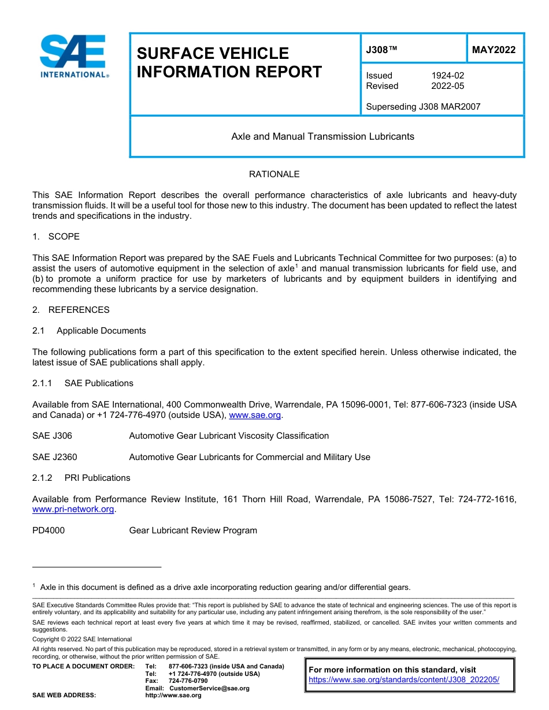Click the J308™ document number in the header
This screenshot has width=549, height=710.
381,50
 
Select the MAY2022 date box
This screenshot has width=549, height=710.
494,50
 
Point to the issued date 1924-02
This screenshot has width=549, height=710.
447,76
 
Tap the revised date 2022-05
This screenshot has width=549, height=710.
447,86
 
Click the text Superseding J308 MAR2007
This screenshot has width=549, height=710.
423,107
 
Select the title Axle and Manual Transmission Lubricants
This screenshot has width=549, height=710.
322,137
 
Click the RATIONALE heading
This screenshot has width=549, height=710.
274,174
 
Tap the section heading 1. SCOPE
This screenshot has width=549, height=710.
56,237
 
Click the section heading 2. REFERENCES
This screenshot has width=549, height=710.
71,310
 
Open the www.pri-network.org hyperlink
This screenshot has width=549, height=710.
73,510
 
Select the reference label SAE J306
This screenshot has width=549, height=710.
52,436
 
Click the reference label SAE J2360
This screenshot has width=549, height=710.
54,457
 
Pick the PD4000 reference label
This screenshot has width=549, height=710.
49,530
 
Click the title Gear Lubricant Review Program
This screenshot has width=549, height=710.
193,530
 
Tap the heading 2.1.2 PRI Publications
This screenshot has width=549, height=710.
81,478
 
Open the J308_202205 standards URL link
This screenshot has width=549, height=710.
404,680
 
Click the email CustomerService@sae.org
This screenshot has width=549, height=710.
209,688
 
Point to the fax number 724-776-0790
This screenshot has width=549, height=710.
188,681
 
